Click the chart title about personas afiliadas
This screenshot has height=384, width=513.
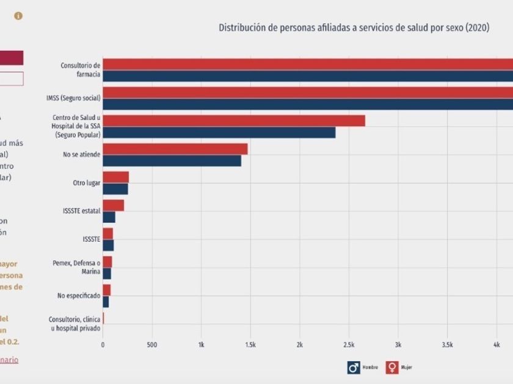(354, 27)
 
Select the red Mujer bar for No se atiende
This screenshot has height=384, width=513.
(175, 149)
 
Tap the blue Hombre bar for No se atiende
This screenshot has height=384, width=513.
(172, 161)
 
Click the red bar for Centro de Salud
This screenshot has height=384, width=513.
(233, 121)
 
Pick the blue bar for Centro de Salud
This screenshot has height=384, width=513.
(219, 132)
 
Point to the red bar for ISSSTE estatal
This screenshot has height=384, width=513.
(113, 205)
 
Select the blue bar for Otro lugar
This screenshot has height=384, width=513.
(115, 189)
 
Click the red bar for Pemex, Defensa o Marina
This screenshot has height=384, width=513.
(107, 262)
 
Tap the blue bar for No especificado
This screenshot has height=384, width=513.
(106, 302)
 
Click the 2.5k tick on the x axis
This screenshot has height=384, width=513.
(349, 344)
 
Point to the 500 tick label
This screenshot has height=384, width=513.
(152, 344)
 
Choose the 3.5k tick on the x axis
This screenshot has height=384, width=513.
(447, 344)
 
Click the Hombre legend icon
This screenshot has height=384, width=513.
(354, 367)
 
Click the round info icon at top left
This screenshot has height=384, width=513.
(18, 16)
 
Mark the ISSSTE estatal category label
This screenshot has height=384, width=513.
(81, 211)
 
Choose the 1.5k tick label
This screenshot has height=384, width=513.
(250, 344)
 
